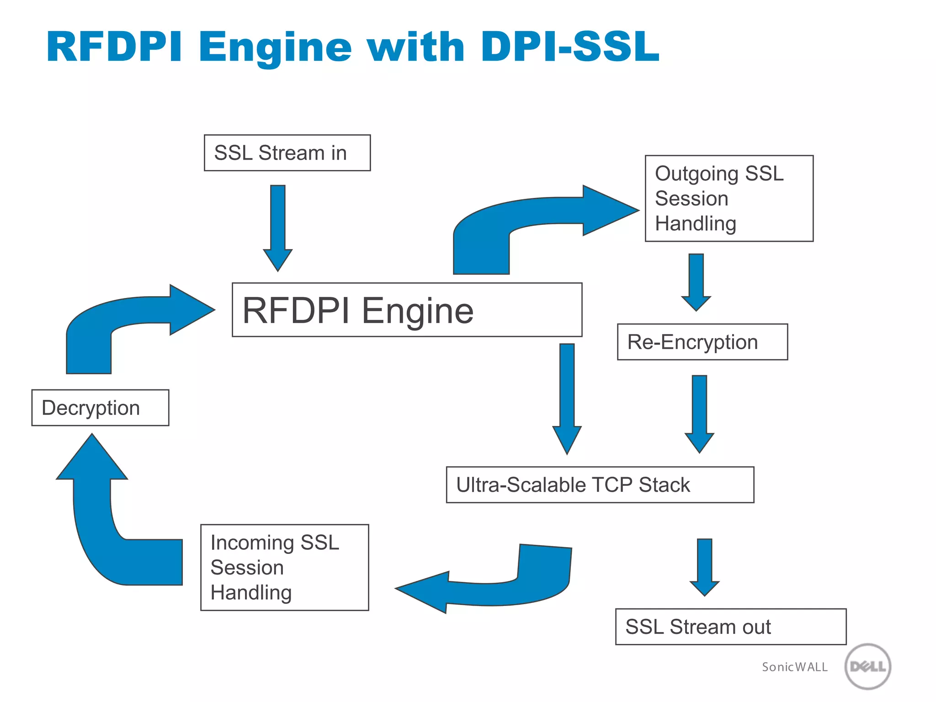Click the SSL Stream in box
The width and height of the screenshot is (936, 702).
(287, 153)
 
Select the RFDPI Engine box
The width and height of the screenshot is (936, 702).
(407, 310)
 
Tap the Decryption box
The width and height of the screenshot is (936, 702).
(100, 408)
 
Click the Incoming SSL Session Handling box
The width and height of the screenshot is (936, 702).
(284, 567)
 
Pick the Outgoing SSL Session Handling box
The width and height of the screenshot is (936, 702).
(729, 198)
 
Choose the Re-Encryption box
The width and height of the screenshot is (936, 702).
(702, 342)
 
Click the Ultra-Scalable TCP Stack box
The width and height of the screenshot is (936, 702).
(600, 484)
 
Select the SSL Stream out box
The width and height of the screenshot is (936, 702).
(730, 627)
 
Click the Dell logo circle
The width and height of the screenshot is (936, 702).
(867, 666)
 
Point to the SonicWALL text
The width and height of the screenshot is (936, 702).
(794, 667)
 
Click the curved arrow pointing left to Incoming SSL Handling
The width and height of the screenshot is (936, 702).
(494, 590)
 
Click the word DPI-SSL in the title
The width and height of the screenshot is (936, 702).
(569, 47)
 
